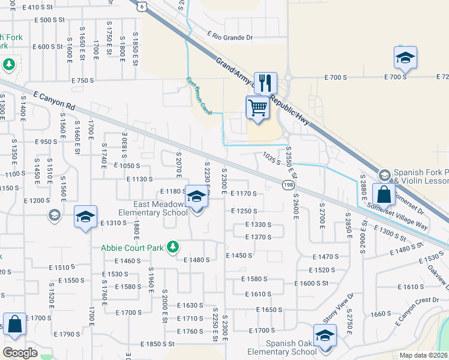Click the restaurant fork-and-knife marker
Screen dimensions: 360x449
click(x=265, y=83)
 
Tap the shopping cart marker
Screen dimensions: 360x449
click(x=258, y=108)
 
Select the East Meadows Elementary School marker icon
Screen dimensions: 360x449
click(x=196, y=196)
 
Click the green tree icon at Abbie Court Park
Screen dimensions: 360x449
click(x=173, y=247)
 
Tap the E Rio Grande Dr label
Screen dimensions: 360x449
click(x=230, y=37)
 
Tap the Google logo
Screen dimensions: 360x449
click(x=20, y=353)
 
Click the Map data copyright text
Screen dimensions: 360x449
click(x=424, y=355)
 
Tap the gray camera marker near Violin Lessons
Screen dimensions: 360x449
click(x=385, y=175)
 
